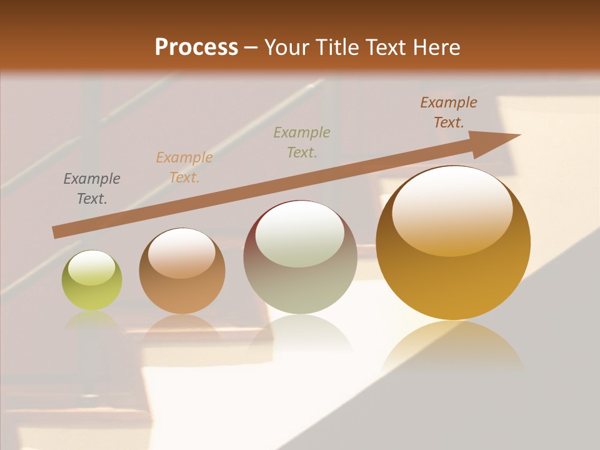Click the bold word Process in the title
[196, 47]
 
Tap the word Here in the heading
[437, 47]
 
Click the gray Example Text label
[92, 189]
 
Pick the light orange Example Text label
[184, 167]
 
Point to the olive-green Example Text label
[302, 142]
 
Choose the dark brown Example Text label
[448, 112]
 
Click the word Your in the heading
[287, 47]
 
